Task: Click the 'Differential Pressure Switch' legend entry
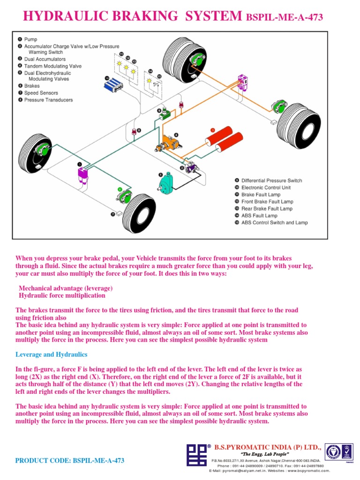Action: [271, 180]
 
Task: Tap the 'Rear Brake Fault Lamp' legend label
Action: [267, 209]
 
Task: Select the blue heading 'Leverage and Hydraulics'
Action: [51, 354]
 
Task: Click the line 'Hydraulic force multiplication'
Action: [62, 295]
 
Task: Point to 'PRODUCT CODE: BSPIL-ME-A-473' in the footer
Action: [70, 460]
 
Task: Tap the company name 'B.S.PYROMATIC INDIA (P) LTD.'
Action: [268, 447]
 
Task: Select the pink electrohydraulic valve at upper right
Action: [243, 82]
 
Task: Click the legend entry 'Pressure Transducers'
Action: [48, 100]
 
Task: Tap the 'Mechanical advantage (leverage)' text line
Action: [66, 288]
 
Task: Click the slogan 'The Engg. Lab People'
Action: [264, 455]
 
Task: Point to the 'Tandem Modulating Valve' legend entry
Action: [52, 66]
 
